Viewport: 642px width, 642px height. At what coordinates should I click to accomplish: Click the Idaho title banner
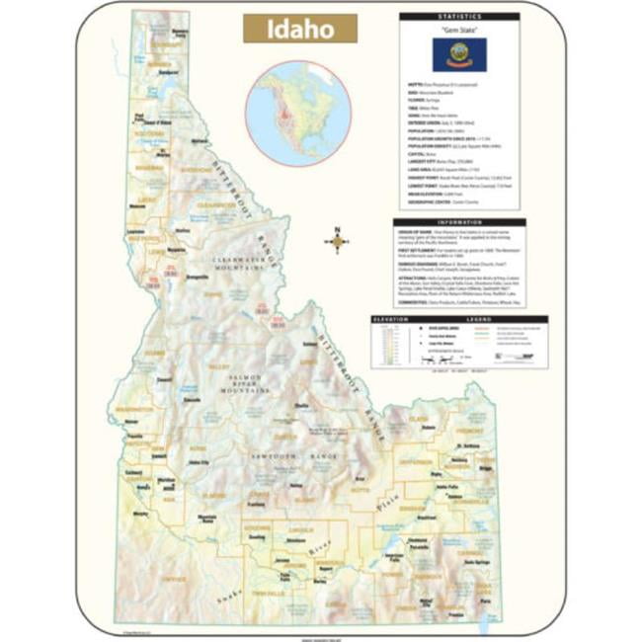coord(300,28)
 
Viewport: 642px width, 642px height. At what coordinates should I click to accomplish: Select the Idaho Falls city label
coord(447,487)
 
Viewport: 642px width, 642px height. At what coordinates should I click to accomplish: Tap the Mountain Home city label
coord(206,521)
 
